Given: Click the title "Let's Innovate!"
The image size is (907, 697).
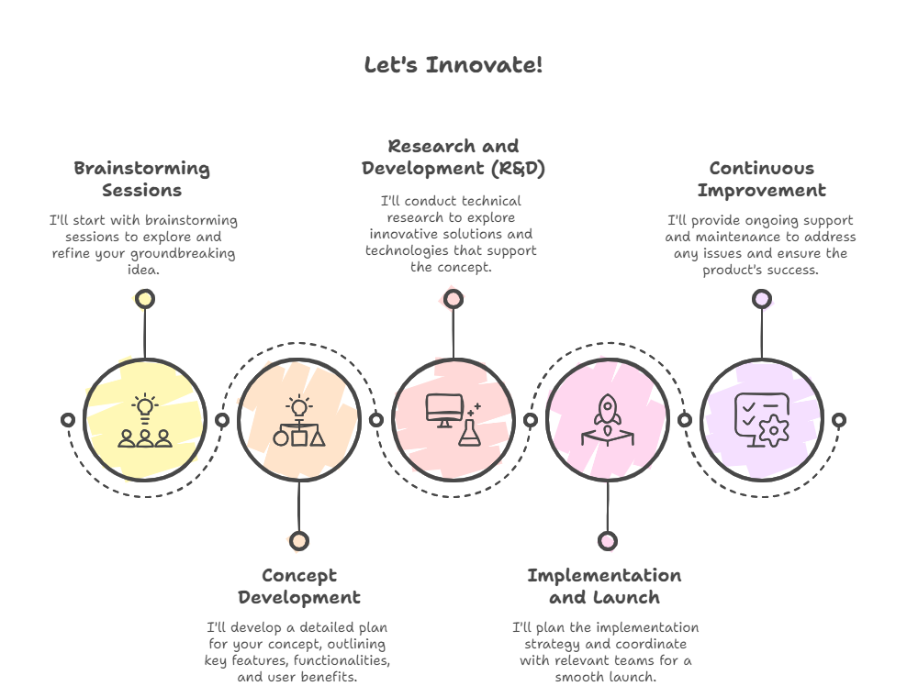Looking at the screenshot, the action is coord(453,65).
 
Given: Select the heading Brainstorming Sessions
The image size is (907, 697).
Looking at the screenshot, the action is coord(142,179).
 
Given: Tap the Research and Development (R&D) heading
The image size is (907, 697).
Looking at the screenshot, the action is coord(453,157).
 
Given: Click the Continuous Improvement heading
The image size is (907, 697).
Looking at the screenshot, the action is coord(761,179).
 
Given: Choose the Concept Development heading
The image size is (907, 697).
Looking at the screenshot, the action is coord(299,586).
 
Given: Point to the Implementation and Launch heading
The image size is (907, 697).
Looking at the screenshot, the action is coord(604,586).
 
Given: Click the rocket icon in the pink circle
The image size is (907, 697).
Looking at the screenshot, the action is coord(608,409).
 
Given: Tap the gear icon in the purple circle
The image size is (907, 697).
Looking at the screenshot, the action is coord(774,429).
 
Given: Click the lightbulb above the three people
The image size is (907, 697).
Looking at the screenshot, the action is coord(144,406).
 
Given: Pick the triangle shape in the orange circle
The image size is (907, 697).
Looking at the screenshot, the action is coord(318,437).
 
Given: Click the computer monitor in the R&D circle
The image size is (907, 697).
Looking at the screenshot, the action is coord(444,409).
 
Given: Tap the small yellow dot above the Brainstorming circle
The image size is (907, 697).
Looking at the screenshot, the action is coord(144,299).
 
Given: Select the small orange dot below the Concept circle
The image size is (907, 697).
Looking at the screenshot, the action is coord(298,541).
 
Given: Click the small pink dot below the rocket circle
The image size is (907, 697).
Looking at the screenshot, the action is coord(607,541).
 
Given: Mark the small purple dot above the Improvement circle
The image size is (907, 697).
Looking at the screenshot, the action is coord(761,299).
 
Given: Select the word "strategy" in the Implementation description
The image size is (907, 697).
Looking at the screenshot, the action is coord(551,644).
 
